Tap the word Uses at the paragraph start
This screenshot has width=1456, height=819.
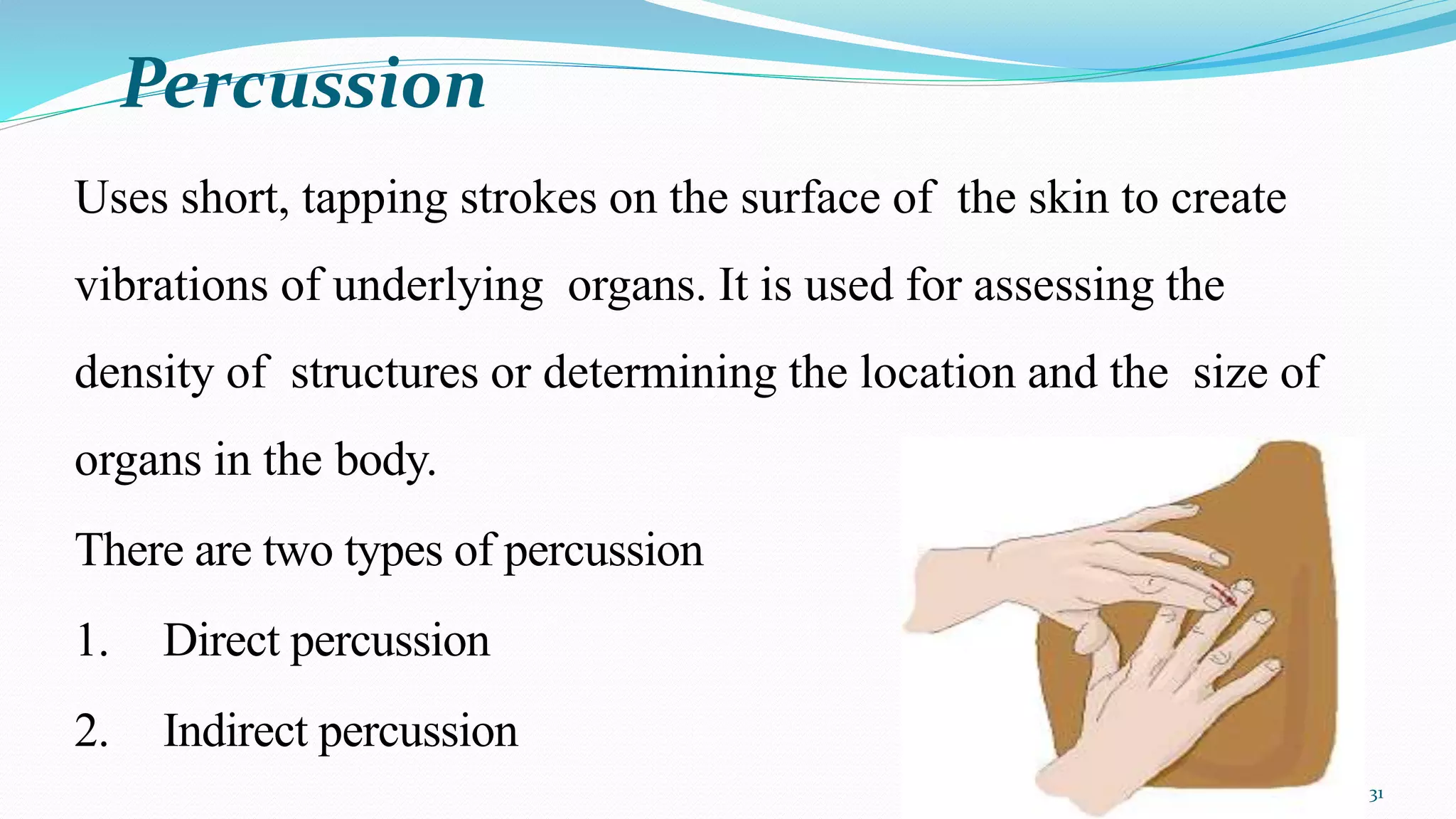click(121, 198)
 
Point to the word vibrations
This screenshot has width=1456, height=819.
click(171, 286)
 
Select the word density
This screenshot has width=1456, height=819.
click(144, 373)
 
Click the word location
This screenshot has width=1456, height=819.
click(937, 373)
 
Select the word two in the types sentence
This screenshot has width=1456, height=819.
click(298, 551)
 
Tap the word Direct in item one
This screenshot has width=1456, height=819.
click(221, 641)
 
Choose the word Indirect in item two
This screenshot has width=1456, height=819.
click(235, 731)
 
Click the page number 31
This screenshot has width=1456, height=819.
click(1376, 795)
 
